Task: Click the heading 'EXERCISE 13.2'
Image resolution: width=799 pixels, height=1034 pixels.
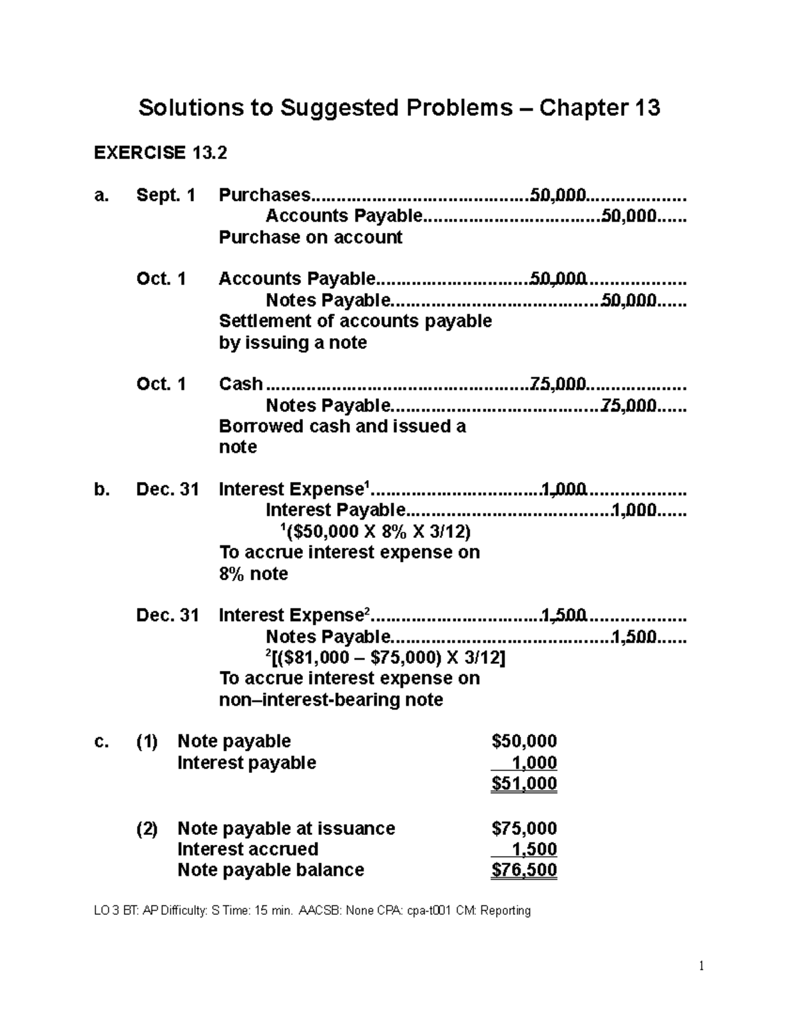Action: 160,153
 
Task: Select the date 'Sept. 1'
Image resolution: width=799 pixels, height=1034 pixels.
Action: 166,195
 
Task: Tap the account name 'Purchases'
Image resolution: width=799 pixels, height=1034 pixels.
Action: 264,195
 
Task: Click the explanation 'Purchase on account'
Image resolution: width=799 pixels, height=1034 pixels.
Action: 310,238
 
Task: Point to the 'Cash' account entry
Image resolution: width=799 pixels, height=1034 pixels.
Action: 240,384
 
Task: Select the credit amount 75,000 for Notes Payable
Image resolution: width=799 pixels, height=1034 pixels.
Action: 629,405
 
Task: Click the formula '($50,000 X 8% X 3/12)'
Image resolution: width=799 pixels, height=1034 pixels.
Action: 374,531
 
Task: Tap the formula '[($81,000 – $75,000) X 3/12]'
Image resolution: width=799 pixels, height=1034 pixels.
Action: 386,658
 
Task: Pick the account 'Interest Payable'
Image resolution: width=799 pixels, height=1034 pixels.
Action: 335,510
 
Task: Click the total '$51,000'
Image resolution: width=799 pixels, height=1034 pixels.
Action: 524,784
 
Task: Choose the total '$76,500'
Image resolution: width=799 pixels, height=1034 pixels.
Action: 524,870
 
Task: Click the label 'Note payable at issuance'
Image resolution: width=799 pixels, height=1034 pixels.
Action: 286,828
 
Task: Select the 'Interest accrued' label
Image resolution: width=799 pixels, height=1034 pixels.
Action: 248,849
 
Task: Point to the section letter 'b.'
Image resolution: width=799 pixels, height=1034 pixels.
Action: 102,489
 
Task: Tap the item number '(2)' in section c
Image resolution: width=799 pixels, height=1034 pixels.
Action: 147,828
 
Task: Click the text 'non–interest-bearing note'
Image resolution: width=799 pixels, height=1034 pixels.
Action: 331,700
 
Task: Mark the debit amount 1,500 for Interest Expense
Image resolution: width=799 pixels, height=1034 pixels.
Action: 564,615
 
